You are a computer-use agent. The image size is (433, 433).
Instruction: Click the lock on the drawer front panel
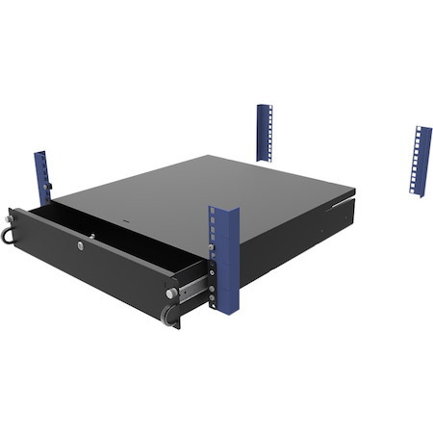tap(76, 245)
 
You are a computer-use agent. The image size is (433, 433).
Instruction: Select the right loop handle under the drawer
tap(169, 315)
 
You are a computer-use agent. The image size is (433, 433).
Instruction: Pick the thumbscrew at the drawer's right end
tap(171, 292)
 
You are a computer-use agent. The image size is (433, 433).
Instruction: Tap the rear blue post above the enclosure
tap(264, 132)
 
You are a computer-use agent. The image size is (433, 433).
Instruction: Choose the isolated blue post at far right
tap(420, 160)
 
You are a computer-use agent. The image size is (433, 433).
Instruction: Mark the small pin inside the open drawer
tap(91, 235)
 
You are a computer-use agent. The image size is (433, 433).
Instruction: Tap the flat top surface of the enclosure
tap(221, 192)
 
